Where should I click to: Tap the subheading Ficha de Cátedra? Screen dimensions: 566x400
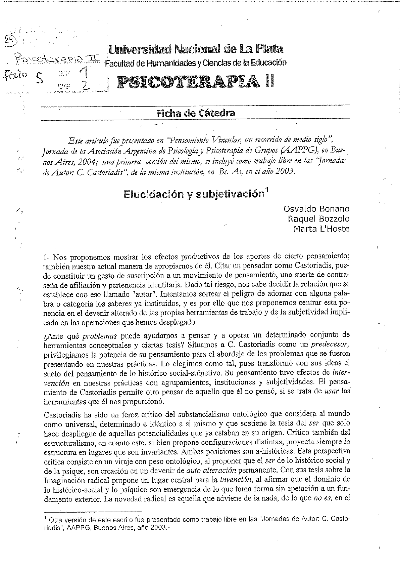(196, 113)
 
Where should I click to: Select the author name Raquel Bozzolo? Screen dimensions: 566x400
(319, 219)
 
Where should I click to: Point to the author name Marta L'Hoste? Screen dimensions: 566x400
(321, 229)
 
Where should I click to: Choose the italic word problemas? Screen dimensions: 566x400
(100, 335)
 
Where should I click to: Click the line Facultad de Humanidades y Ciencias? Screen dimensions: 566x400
(196, 63)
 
